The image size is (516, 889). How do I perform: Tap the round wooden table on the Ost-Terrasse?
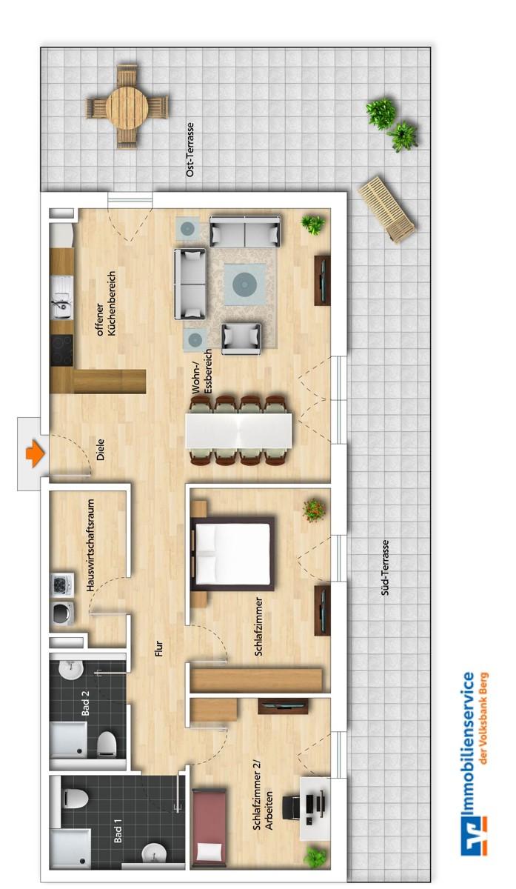127,106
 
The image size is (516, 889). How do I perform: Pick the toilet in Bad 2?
107,742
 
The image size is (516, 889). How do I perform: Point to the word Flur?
157,648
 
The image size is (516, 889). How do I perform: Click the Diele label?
100,449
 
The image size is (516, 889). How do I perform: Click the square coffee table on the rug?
243,283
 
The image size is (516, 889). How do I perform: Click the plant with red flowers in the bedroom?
314,510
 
